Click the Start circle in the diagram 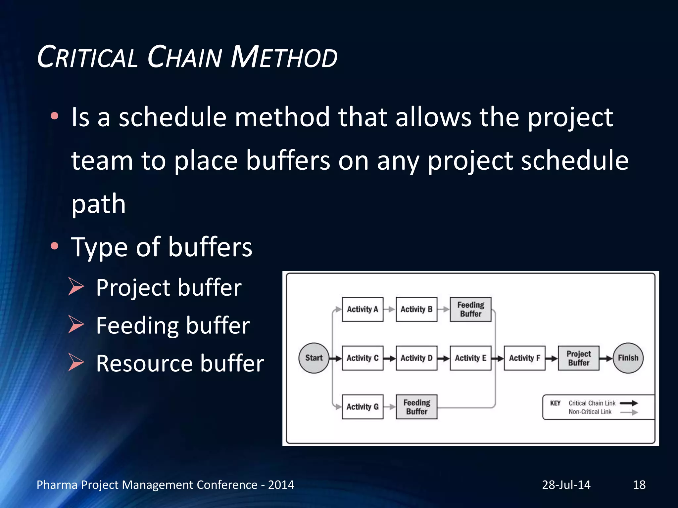click(x=314, y=358)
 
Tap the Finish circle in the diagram click(x=628, y=358)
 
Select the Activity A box click(x=362, y=309)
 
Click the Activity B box click(x=416, y=309)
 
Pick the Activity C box click(x=362, y=358)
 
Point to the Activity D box click(x=416, y=358)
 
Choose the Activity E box click(x=470, y=358)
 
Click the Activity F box click(x=524, y=358)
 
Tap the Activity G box click(x=362, y=406)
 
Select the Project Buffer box click(x=578, y=358)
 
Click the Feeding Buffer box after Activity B click(x=470, y=309)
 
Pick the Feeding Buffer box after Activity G click(x=416, y=406)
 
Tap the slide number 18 click(x=639, y=485)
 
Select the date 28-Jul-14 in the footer click(x=566, y=485)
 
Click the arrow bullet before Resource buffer click(x=76, y=362)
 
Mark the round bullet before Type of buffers click(x=55, y=246)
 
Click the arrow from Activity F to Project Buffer click(x=552, y=358)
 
